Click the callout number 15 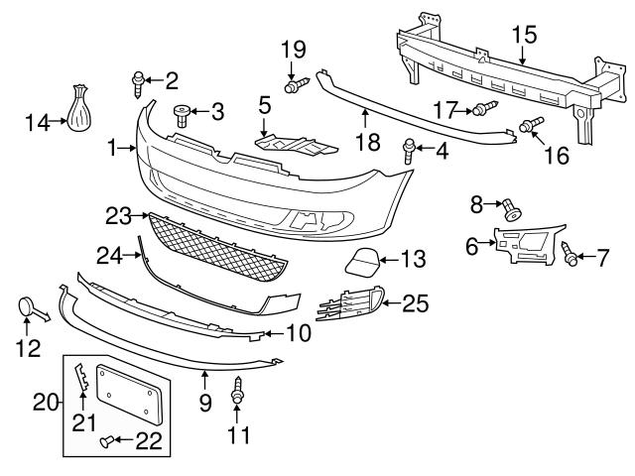coord(524,36)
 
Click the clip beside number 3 coord(182,115)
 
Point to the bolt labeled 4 coord(409,151)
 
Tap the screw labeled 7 coord(571,254)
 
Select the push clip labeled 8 coord(512,210)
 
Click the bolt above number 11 coord(237,393)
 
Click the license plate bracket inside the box coord(128,396)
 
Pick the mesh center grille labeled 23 coord(218,248)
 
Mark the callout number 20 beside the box coord(45,404)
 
